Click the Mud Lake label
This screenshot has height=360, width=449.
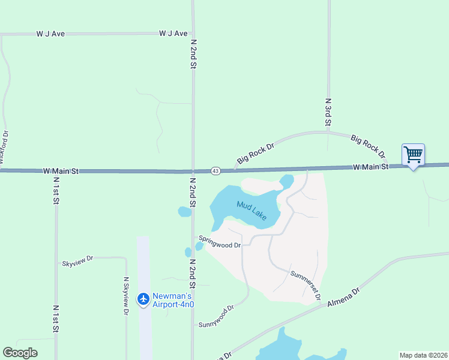pyautogui.click(x=252, y=211)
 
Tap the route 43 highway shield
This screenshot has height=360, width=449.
pyautogui.click(x=215, y=171)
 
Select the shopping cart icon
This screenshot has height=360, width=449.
pyautogui.click(x=413, y=155)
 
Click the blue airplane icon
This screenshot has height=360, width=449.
pyautogui.click(x=143, y=298)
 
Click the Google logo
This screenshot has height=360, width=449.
pyautogui.click(x=20, y=353)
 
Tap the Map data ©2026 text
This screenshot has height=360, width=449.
pyautogui.click(x=423, y=355)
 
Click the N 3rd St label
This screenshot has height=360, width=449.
pyautogui.click(x=328, y=112)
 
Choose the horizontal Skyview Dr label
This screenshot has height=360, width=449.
pyautogui.click(x=77, y=262)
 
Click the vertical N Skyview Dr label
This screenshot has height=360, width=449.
pyautogui.click(x=126, y=295)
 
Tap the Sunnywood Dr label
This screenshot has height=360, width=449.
pyautogui.click(x=216, y=316)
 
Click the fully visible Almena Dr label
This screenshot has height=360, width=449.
pyautogui.click(x=343, y=298)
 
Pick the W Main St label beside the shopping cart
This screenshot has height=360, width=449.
pyautogui.click(x=370, y=167)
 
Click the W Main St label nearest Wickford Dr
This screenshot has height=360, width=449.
pyautogui.click(x=61, y=171)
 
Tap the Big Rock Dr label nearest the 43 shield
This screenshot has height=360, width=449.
pyautogui.click(x=255, y=153)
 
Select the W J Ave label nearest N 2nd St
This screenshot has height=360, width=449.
pyautogui.click(x=173, y=34)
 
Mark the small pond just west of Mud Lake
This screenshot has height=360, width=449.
pyautogui.click(x=184, y=211)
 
